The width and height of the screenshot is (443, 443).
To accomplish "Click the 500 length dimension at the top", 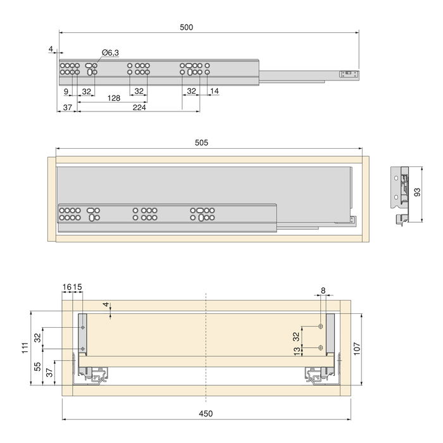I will click(x=185, y=27).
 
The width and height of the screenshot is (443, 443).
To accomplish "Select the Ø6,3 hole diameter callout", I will click(x=110, y=53).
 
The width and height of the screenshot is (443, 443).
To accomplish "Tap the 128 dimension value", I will click(x=114, y=98).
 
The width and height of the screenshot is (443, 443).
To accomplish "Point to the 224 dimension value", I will click(x=140, y=108).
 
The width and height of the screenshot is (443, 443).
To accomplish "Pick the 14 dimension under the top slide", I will click(x=215, y=91).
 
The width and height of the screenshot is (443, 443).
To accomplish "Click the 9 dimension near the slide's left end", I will click(x=66, y=91).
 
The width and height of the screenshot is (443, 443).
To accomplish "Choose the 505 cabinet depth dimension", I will click(x=202, y=143).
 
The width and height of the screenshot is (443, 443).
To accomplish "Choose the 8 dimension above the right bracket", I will click(x=323, y=290).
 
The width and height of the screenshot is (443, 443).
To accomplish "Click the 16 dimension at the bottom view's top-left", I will click(x=66, y=287).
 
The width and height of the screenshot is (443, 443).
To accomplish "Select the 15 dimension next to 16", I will click(x=77, y=287).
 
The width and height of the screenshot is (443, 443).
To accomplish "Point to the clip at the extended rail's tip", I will click(x=347, y=74).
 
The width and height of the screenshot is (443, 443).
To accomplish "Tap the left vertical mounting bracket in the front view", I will click(x=83, y=334).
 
